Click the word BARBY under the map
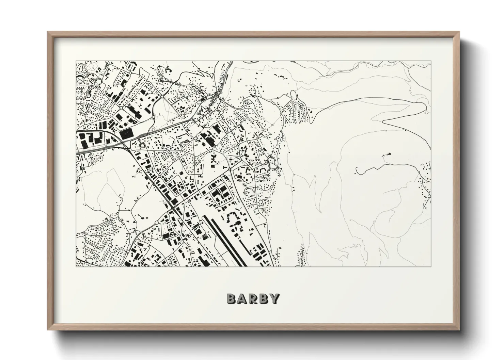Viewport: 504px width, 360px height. click(253, 298)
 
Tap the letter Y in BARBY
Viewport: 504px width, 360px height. click(274, 298)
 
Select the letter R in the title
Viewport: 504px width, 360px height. click(253, 298)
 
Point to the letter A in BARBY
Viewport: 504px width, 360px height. click(242, 298)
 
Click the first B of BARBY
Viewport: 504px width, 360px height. click(231, 298)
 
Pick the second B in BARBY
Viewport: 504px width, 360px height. click(264, 298)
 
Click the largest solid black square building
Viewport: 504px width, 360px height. click(126, 133)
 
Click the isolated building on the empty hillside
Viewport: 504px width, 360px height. click(387, 155)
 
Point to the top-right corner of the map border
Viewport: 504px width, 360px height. click(431, 61)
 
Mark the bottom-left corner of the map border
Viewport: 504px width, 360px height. click(76, 266)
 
